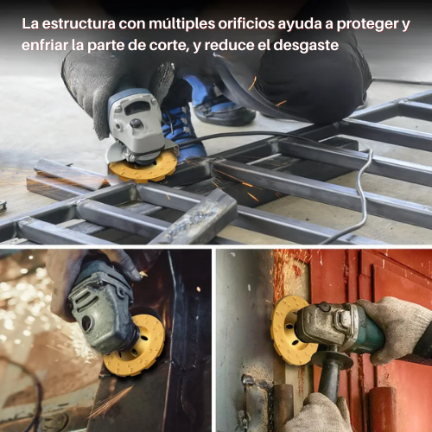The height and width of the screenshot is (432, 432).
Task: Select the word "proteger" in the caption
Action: coord(374,24)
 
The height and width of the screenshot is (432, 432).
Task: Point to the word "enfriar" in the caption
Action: coord(49,45)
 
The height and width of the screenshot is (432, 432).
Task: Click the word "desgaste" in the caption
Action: coord(304,45)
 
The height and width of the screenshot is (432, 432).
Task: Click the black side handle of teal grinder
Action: coord(331,380)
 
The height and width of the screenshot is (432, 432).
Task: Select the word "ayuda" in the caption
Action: coord(313,24)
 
